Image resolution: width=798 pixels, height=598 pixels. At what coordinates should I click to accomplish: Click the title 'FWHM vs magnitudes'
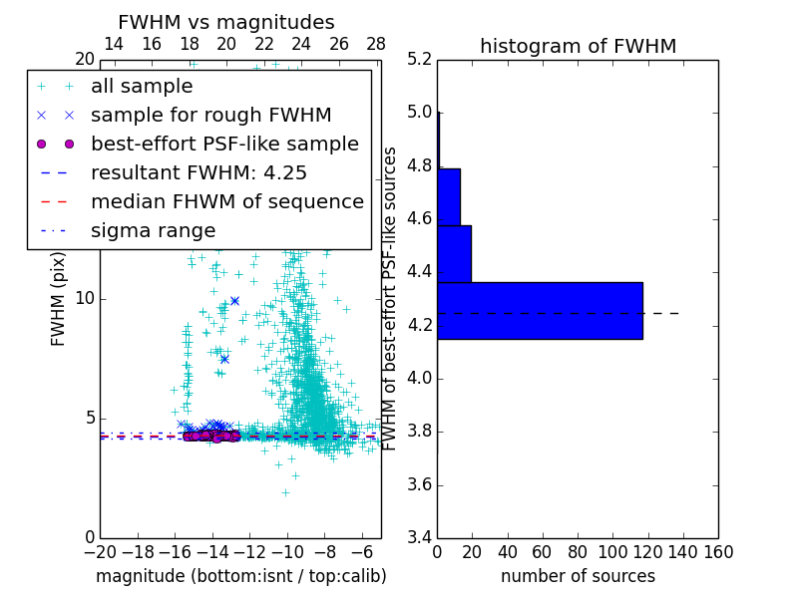(x=226, y=22)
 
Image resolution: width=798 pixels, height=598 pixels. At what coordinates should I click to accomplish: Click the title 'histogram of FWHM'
(x=578, y=46)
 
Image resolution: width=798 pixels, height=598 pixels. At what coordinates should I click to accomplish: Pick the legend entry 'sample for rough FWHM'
(x=210, y=115)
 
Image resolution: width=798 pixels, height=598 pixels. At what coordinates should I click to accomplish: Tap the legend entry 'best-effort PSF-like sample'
(x=224, y=144)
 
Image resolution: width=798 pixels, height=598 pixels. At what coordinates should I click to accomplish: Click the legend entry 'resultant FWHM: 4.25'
(x=199, y=172)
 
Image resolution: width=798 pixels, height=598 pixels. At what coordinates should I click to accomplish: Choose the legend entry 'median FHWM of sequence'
(x=226, y=201)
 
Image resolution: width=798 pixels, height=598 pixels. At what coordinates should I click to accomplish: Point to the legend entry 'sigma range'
(x=153, y=230)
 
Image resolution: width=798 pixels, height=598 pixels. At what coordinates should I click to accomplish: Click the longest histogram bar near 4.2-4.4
(x=540, y=311)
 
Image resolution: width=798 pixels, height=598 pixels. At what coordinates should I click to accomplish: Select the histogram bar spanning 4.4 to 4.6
(x=454, y=254)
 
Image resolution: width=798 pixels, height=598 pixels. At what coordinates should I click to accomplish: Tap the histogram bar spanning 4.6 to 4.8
(x=449, y=197)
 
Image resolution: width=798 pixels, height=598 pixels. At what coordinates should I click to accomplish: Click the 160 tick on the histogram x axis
(x=718, y=551)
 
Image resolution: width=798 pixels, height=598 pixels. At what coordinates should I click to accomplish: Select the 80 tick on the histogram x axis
(x=578, y=551)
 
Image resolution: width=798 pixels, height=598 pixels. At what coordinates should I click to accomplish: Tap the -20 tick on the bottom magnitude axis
(x=100, y=551)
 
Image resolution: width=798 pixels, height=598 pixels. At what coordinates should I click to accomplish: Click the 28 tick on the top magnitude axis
(x=376, y=44)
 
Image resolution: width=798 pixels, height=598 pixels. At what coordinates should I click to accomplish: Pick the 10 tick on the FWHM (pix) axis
(x=87, y=299)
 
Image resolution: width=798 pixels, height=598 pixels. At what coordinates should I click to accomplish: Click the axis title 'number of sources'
(x=578, y=576)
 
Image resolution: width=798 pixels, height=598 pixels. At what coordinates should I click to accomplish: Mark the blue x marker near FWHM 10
(x=234, y=300)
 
